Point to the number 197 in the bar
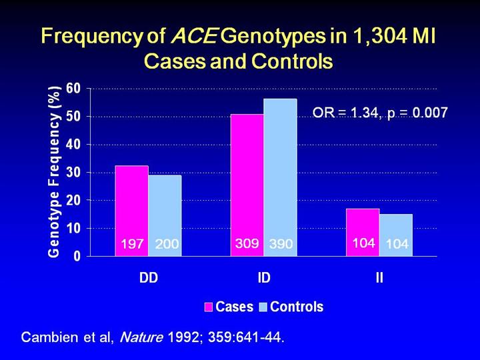pos(132,245)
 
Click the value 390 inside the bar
pos(281,245)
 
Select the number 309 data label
pos(247,244)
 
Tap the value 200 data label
pos(166,245)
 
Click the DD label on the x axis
pos(148,278)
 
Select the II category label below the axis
pos(379,278)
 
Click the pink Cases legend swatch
pos(208,307)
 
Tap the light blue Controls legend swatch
pos(263,307)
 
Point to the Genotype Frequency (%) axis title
pos(56,171)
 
